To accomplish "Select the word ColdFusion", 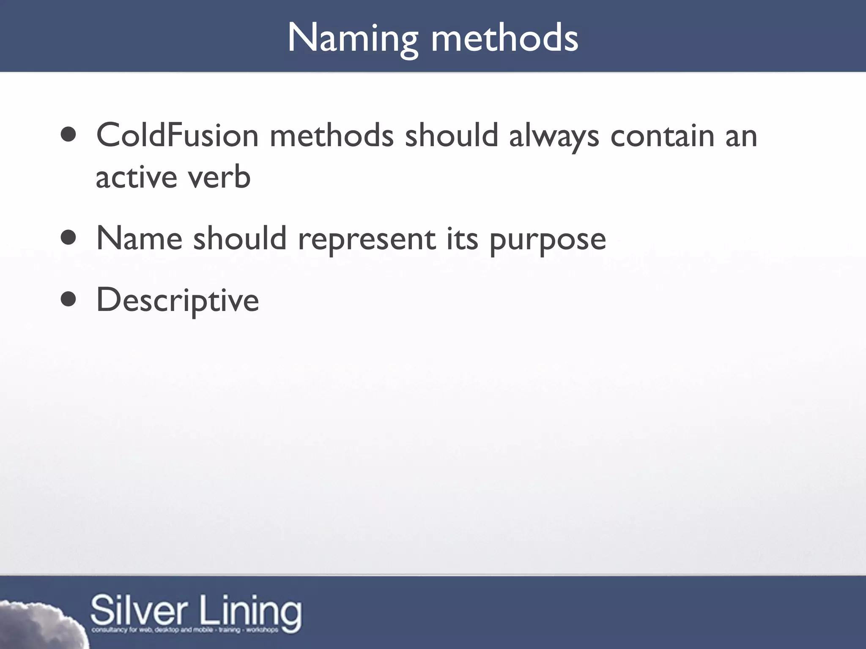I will pyautogui.click(x=177, y=136).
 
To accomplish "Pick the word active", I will pyautogui.click(x=136, y=177).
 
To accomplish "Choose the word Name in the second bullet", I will pyautogui.click(x=140, y=239).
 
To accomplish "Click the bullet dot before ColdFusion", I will pyautogui.click(x=69, y=135).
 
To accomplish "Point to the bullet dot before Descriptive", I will pyautogui.click(x=69, y=300).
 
